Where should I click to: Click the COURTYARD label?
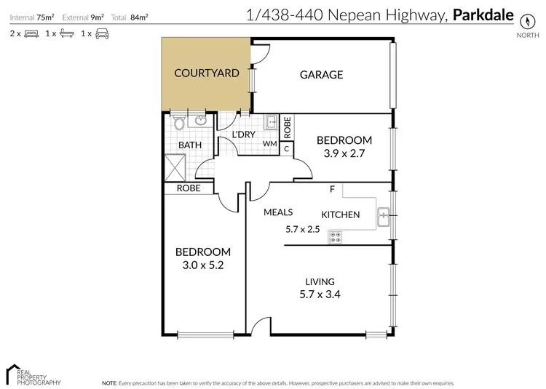(207, 73)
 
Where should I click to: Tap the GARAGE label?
(321, 74)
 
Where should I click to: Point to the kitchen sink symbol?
(384, 214)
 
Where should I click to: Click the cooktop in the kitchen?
(336, 236)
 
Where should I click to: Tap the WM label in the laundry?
(270, 144)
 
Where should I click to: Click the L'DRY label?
(242, 136)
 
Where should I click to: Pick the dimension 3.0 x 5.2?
(204, 265)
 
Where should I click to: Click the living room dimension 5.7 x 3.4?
(320, 294)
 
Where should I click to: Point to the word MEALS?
(278, 212)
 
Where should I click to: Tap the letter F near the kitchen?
(332, 191)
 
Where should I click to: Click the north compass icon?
(523, 21)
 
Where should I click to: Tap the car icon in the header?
(101, 33)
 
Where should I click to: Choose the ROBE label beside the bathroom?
(189, 188)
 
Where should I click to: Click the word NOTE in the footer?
(109, 382)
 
